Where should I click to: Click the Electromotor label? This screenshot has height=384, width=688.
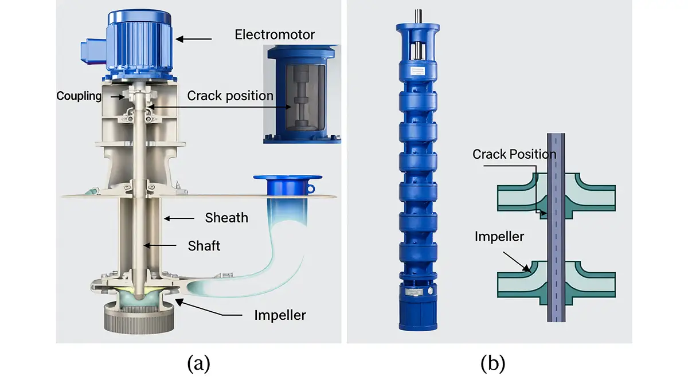[x=275, y=34]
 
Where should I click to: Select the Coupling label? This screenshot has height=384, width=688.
[x=79, y=96]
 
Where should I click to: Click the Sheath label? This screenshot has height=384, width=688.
[x=226, y=218]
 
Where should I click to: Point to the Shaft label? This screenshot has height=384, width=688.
[x=204, y=246]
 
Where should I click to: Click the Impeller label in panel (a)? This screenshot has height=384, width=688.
[x=280, y=315]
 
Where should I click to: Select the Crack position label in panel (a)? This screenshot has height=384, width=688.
[x=230, y=95]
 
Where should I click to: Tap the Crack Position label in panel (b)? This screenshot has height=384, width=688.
[x=514, y=154]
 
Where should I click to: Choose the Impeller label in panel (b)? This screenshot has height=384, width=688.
[x=499, y=236]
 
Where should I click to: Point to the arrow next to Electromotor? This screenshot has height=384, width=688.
[x=194, y=39]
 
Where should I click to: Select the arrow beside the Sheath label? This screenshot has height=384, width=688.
[x=180, y=218]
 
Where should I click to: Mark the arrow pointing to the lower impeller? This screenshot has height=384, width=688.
[x=518, y=261]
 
